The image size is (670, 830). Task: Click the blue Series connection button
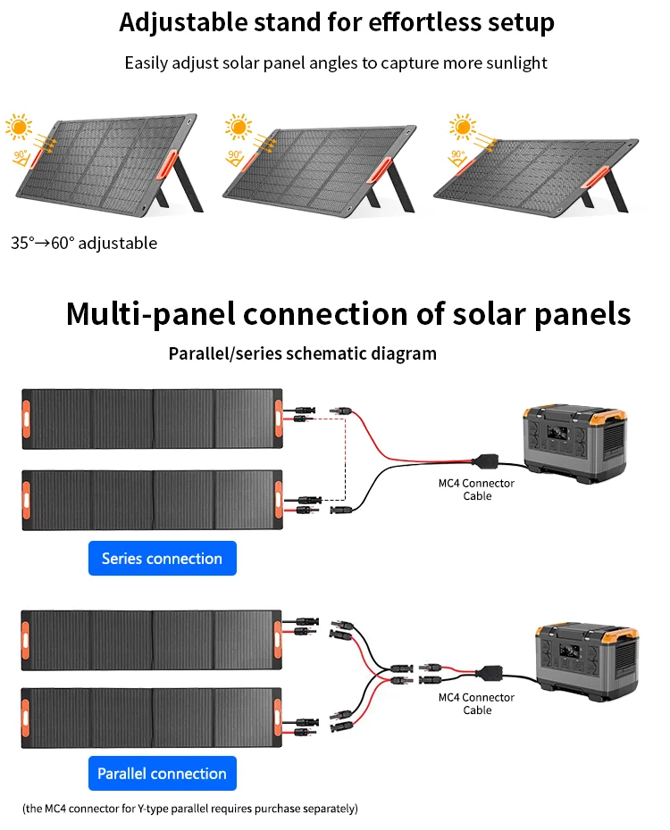click(162, 559)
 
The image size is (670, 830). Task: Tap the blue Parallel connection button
click(162, 774)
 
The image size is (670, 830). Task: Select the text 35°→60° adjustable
click(84, 243)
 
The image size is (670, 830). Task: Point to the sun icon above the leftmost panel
click(19, 125)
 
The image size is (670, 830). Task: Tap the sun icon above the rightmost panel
click(461, 127)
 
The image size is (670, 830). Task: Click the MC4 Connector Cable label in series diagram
click(477, 489)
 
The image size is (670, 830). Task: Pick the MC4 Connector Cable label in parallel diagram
click(477, 703)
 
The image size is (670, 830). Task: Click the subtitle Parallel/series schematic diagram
click(303, 353)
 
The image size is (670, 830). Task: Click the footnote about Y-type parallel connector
click(190, 809)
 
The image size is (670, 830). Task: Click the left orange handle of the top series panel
click(27, 417)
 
